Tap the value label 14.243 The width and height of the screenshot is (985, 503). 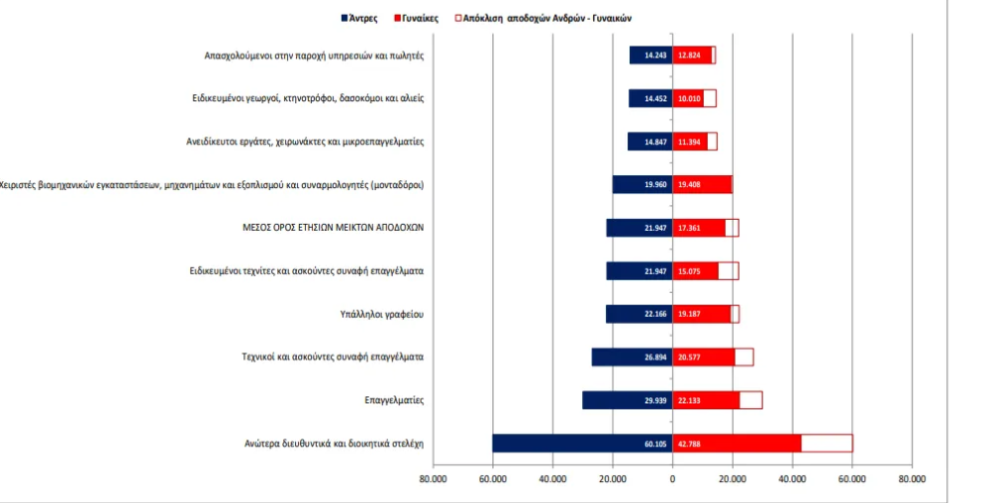(x=654, y=55)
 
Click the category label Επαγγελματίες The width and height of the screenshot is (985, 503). (x=394, y=400)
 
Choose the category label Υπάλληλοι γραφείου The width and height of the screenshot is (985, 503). (x=381, y=314)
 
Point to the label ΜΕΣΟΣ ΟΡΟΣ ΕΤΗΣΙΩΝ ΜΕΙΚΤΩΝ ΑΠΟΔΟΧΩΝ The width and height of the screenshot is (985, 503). (x=333, y=227)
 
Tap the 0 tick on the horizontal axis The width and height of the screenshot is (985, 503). (x=672, y=478)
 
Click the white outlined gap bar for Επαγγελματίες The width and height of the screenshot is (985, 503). (x=750, y=400)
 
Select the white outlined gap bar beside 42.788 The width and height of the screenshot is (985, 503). (x=827, y=444)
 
